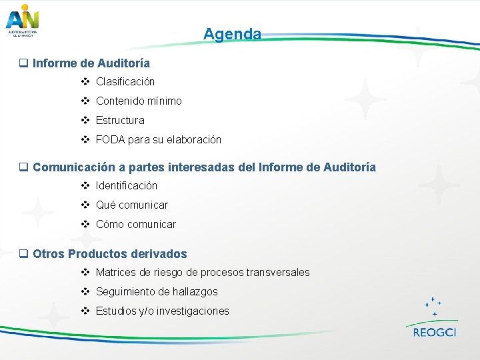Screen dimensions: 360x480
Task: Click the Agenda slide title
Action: [x=232, y=34]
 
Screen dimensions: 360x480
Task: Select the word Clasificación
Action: [x=125, y=82]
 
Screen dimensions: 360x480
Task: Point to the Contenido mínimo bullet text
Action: [x=139, y=101]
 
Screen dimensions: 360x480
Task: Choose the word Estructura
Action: [x=120, y=121]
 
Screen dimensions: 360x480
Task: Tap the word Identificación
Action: [x=127, y=185]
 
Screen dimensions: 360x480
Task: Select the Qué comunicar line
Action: [x=132, y=205]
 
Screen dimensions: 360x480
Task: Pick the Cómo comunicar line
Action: [x=136, y=225]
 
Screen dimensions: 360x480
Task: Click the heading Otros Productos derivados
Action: [x=110, y=254]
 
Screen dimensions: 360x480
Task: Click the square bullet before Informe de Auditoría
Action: [x=23, y=64]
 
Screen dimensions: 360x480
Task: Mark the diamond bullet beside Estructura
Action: [x=85, y=121]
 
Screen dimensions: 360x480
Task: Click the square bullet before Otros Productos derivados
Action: [x=23, y=254]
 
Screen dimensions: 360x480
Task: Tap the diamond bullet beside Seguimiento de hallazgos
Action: [x=85, y=291]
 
